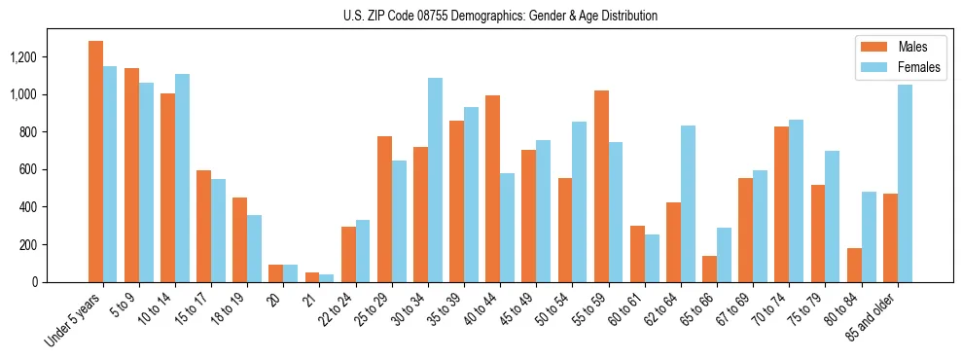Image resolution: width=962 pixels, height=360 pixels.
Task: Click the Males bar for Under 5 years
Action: pos(95,162)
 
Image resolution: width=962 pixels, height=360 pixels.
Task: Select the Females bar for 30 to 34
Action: pos(435,180)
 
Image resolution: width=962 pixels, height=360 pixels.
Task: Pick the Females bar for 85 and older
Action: pos(905,183)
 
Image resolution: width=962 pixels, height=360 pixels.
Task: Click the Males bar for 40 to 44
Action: pos(492,189)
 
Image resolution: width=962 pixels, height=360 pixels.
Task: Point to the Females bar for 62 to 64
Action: pos(688,203)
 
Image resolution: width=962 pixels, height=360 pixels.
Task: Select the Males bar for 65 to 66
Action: pos(709,269)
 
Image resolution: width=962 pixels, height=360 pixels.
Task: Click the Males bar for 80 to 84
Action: pos(854,265)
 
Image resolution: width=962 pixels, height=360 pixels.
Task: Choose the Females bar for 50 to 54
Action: pos(580,201)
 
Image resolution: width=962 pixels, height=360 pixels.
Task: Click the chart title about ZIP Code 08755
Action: pos(500,16)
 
